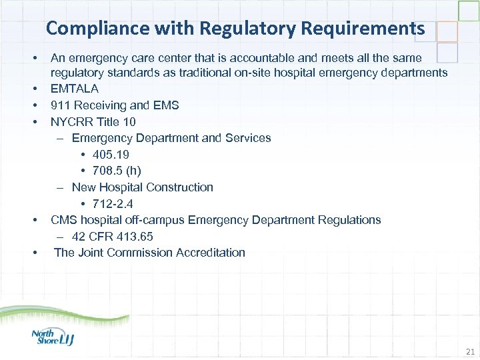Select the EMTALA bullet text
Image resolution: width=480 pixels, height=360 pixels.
(75, 89)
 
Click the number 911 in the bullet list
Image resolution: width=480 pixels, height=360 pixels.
(61, 105)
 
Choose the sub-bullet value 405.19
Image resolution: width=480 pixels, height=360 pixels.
(111, 155)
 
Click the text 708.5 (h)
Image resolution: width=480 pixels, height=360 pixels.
(117, 171)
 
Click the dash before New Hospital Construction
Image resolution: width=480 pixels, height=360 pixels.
(61, 187)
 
